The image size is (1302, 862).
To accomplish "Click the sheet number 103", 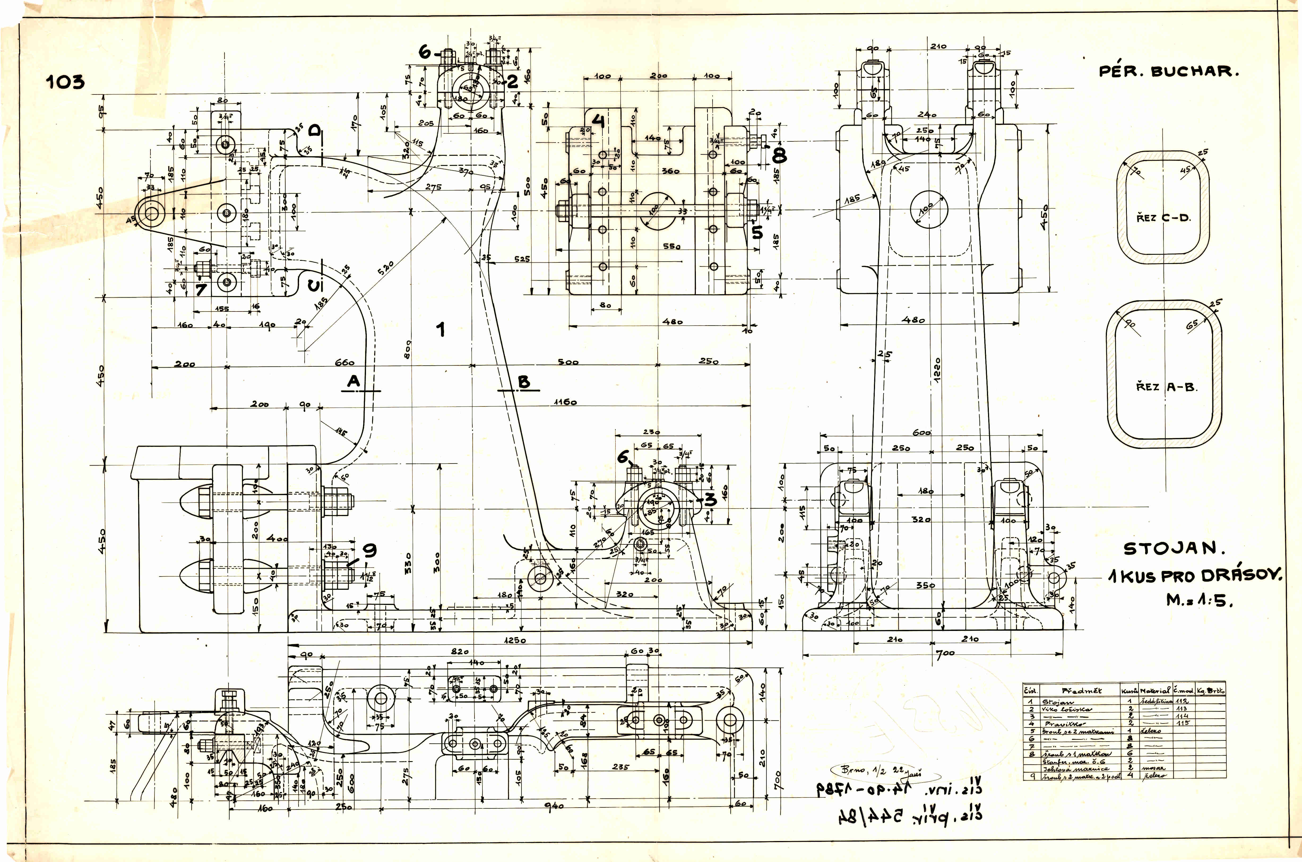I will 66,82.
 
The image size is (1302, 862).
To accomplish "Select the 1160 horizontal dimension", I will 566,402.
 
